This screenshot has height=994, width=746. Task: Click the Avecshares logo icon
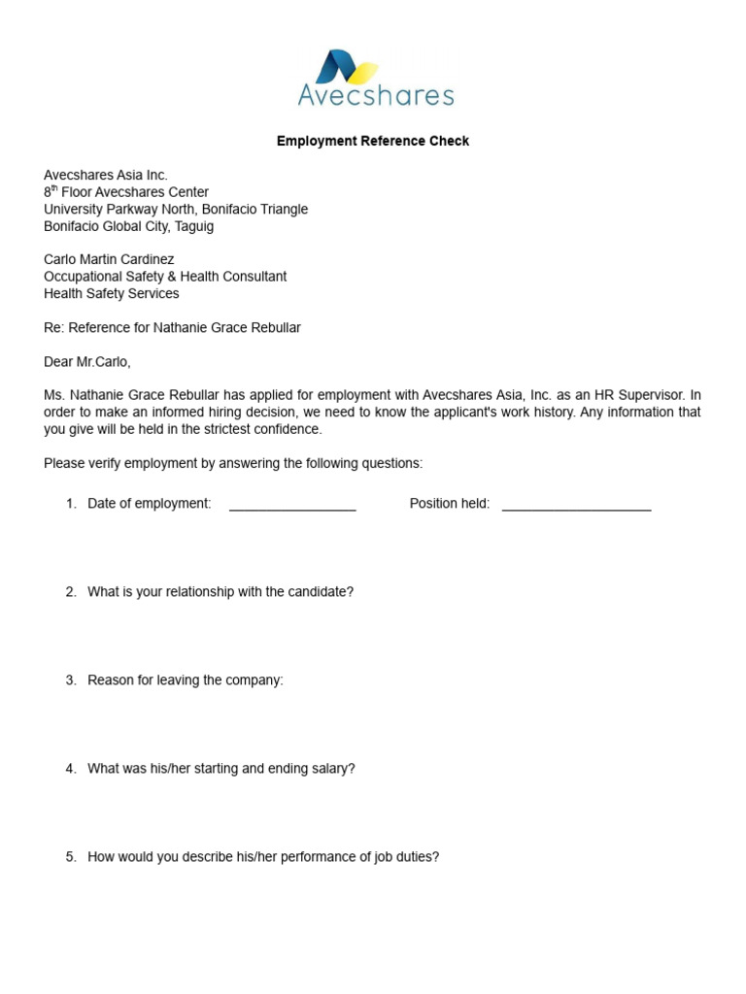tap(349, 67)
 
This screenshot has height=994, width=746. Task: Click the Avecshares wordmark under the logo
tap(375, 96)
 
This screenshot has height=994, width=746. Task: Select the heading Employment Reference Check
tap(372, 142)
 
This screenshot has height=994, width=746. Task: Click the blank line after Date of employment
tap(292, 506)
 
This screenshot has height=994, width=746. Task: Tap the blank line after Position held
tap(576, 506)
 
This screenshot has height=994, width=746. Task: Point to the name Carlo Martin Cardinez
tap(109, 259)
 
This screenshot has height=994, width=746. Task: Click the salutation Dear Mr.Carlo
tap(86, 362)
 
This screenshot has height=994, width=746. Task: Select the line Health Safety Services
tap(111, 293)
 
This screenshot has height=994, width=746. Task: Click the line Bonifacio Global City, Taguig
tap(128, 226)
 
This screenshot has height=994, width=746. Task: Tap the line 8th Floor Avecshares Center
tap(126, 192)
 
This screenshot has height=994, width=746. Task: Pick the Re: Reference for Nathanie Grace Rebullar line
tap(172, 328)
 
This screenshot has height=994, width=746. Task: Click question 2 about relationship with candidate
tap(220, 592)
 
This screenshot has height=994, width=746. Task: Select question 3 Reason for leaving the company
tap(185, 680)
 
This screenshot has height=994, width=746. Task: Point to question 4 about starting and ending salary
tap(220, 769)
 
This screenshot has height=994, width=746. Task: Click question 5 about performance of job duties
tap(262, 857)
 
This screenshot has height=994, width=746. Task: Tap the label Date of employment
tap(149, 504)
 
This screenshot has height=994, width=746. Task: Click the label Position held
tap(449, 504)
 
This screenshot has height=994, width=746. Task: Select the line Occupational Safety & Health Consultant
tap(165, 277)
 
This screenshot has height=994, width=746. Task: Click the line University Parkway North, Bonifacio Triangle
tap(176, 210)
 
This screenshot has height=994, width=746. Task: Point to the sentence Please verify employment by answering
tap(233, 464)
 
